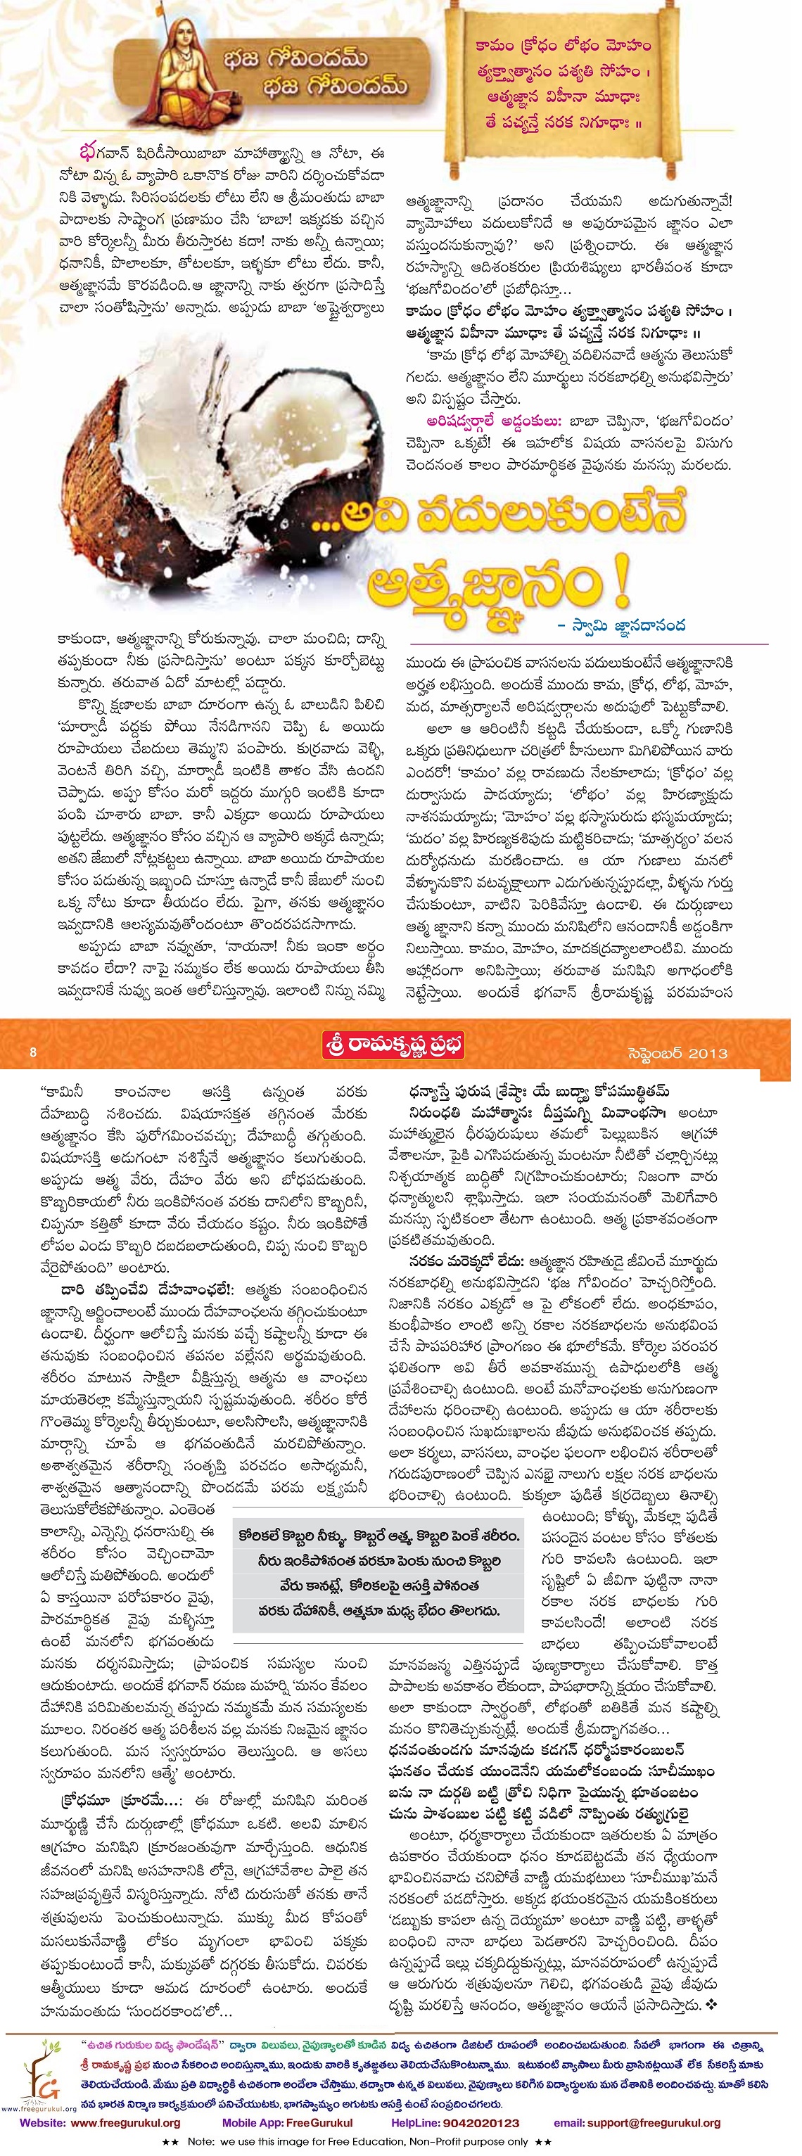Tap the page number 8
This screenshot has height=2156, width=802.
coord(34,1052)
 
